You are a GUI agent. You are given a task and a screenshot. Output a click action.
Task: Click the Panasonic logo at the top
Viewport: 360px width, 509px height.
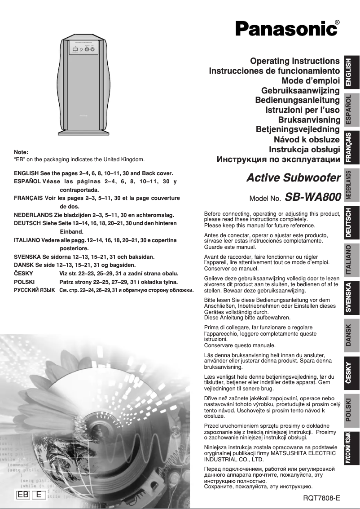(x=286, y=29)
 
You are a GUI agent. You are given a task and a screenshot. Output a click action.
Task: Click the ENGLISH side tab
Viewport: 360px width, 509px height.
(x=352, y=72)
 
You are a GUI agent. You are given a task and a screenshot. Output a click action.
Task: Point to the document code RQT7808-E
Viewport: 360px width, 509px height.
(x=322, y=498)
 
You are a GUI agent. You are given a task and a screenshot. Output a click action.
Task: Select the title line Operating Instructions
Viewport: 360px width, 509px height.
(x=294, y=61)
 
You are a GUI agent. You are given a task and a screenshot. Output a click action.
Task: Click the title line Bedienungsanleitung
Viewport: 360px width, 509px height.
(x=297, y=100)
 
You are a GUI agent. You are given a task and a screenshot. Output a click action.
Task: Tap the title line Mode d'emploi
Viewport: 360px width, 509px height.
(x=310, y=81)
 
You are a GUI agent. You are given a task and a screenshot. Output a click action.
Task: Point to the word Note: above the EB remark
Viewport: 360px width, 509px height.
(x=21, y=152)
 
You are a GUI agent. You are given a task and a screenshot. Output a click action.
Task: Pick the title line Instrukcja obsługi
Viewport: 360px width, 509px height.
(x=304, y=150)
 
